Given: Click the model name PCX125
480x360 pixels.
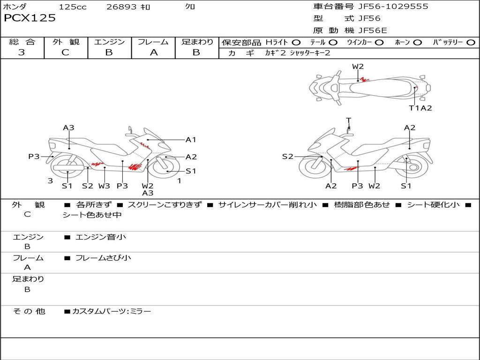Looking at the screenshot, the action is coord(30,18).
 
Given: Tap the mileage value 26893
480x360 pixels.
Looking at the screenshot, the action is coord(121,7).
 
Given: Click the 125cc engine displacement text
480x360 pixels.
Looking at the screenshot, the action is coord(73,7).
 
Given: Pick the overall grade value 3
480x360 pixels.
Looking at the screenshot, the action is coord(22,52).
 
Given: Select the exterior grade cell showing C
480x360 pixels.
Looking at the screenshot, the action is coord(66,52).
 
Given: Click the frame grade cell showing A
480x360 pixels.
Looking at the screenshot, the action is coord(153,52).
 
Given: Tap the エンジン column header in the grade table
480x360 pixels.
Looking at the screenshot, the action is coord(109,42).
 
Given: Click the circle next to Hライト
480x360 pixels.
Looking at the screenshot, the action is coord(296,43).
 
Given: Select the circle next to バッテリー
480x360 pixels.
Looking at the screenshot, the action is coord(471,43).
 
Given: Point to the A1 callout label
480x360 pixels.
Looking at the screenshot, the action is coord(191,140).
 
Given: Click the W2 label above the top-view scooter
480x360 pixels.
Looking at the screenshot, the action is coord(358,67).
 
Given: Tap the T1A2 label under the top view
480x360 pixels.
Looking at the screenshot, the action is coord(420,108).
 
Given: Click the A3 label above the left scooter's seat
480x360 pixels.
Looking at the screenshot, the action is coord(69,127).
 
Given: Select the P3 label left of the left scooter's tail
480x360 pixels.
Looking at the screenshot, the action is coord(34,157).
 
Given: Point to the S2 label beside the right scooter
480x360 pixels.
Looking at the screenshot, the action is coord(287,157).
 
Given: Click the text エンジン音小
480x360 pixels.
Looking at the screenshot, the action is coord(100,237).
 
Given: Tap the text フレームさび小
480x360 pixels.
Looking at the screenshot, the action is coord(103,258).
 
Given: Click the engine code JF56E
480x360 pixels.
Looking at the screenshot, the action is coord(373,30).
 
